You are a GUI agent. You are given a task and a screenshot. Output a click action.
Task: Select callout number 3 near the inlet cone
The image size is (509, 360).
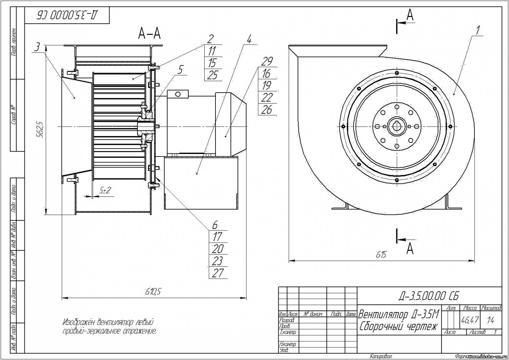38,47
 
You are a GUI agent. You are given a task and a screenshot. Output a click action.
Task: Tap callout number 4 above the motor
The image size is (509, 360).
249,40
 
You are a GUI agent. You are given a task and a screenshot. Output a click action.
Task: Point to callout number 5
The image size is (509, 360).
180,70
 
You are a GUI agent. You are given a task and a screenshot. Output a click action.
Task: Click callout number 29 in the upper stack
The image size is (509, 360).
267,61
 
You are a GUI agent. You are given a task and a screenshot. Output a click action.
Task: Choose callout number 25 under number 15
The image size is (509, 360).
212,75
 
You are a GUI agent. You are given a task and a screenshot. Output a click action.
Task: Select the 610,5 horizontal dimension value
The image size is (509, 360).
153,291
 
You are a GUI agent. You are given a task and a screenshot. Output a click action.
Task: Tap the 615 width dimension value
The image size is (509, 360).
381,255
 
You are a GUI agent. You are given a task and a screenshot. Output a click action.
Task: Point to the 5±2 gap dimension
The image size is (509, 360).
105,191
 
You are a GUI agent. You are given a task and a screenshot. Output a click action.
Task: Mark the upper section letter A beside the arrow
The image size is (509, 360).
410,15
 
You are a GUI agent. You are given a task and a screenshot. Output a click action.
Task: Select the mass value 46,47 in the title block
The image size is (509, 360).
470,320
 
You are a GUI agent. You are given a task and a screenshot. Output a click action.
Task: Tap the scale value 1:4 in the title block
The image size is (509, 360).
490,320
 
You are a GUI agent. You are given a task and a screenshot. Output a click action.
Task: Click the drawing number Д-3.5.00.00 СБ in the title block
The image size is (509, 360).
429,296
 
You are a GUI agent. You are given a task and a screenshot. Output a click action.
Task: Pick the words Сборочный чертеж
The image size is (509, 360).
399,326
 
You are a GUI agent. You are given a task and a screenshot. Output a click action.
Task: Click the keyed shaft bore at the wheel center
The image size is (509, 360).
396,126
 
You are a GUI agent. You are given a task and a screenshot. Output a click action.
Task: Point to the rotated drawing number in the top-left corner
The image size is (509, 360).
67,15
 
